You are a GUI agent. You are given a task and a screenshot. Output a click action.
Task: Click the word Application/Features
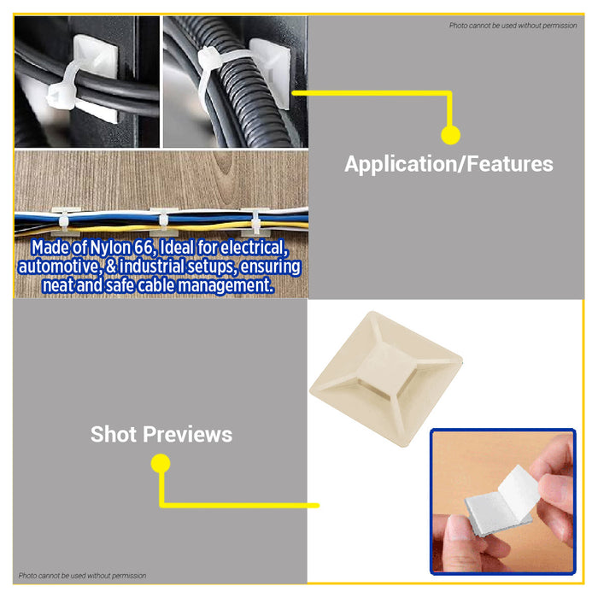[448, 164]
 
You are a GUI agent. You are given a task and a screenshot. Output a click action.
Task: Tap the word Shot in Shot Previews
[114, 434]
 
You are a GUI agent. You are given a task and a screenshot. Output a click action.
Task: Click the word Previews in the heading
[187, 434]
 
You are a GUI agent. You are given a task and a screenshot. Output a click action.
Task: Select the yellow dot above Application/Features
[450, 135]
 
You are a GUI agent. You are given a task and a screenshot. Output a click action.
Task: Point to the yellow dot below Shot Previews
[161, 463]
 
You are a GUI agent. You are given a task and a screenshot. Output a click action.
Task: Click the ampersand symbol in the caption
[111, 267]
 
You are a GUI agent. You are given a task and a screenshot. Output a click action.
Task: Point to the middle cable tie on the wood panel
[163, 220]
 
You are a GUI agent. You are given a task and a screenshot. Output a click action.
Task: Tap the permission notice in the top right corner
[513, 26]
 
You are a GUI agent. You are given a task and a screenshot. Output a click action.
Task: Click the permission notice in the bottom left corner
[82, 576]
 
